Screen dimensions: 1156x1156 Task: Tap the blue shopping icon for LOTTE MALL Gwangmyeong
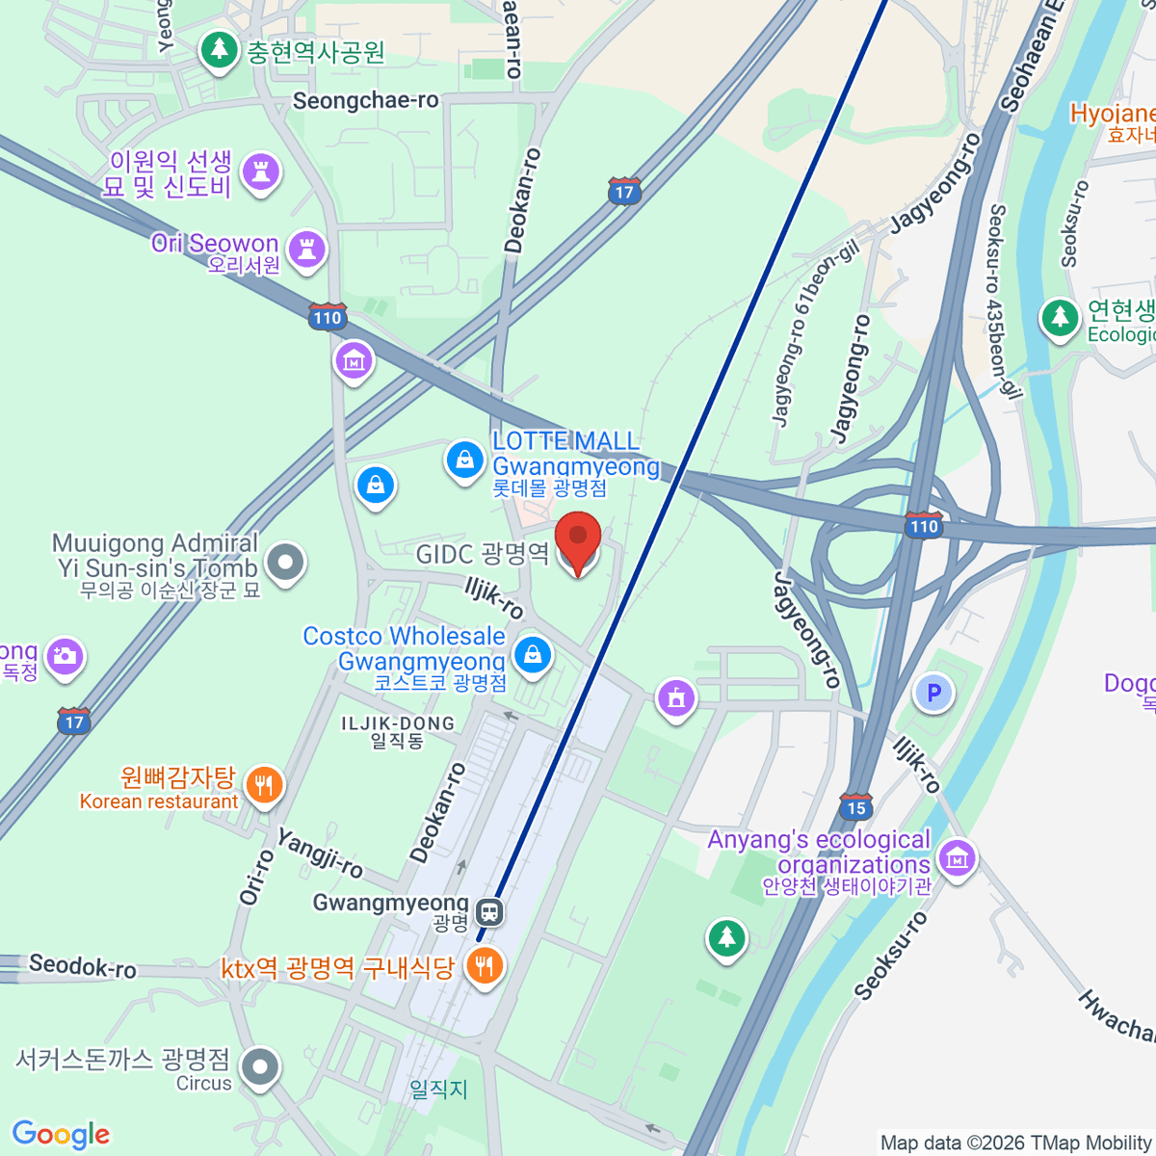[x=464, y=460]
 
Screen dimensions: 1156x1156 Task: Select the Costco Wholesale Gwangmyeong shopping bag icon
[x=532, y=656]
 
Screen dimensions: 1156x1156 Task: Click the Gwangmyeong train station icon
[x=489, y=910]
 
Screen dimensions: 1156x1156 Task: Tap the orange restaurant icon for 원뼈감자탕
[x=263, y=785]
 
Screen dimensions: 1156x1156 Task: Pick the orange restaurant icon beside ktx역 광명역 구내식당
[x=484, y=966]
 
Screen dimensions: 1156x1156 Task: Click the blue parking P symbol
[x=933, y=692]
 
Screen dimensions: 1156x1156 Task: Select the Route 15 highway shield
[x=855, y=806]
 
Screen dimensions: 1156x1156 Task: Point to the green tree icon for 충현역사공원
[x=220, y=49]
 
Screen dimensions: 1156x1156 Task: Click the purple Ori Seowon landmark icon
[x=307, y=250]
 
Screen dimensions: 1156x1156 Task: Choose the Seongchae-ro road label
[x=365, y=101]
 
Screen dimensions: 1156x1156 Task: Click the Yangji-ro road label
[x=321, y=854]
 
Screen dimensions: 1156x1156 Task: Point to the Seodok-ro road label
[x=83, y=965]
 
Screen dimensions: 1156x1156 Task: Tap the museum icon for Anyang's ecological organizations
[x=956, y=856]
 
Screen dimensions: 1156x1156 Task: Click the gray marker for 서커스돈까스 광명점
[x=260, y=1067]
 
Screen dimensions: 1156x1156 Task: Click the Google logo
[x=62, y=1134]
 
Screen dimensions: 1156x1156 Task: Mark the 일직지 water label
[x=438, y=1089]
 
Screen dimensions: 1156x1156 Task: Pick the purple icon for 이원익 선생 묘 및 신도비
[x=259, y=172]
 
